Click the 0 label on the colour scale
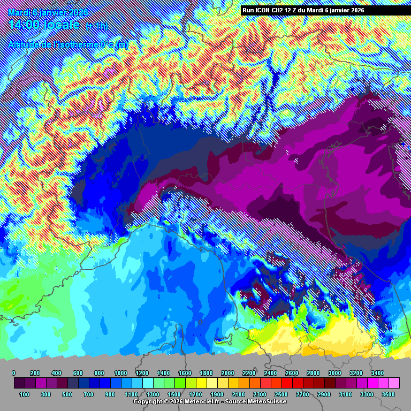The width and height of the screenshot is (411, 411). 13,373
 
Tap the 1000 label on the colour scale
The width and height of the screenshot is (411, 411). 120,373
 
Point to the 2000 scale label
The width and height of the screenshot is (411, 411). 227,373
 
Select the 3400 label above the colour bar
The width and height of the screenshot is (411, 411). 377,373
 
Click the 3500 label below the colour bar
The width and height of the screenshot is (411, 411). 388,394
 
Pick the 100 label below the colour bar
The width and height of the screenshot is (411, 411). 24,394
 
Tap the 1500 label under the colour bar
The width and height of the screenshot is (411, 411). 174,394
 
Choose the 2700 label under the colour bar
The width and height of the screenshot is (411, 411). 302,394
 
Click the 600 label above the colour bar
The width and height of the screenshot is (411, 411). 78,373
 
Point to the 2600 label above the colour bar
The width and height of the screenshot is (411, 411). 292,373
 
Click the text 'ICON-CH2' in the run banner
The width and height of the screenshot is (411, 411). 268,10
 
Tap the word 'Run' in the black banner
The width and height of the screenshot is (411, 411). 248,10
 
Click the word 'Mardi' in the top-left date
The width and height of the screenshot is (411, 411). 19,12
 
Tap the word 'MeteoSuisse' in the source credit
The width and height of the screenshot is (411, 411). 268,401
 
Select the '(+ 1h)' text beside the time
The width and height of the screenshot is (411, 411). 96,26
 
